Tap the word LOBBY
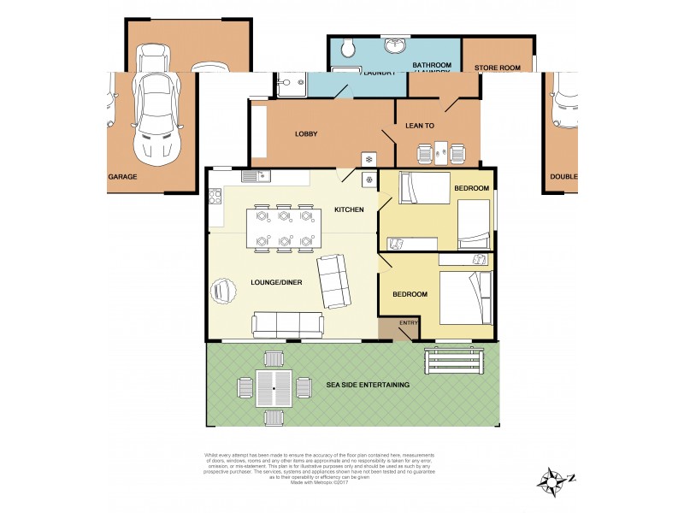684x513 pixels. coord(307,134)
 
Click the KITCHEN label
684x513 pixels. coord(349,209)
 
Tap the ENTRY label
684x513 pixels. coord(408,322)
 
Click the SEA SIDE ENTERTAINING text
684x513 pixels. coord(369,385)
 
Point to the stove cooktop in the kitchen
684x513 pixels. coord(369,180)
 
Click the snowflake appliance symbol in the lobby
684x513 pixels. coord(369,160)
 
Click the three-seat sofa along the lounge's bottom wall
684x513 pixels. coord(287,325)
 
